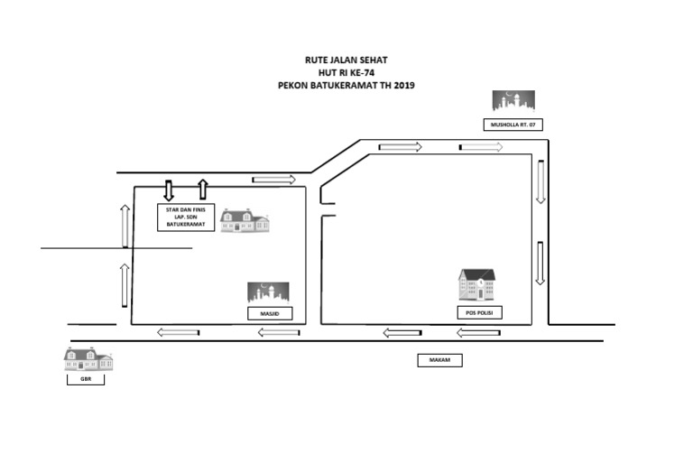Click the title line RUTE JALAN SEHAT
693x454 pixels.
point(346,60)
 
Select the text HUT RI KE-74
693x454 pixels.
point(346,72)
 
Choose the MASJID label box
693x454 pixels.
point(270,313)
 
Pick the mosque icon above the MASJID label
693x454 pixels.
point(270,292)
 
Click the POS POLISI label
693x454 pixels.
point(477,313)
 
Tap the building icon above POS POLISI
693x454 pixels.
point(477,285)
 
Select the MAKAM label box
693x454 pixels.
point(439,360)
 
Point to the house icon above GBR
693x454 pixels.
point(88,359)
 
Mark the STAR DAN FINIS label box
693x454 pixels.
point(187,218)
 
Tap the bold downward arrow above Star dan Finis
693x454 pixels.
point(169,190)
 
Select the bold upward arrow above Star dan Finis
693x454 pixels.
point(203,190)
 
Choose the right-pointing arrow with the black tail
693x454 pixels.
point(480,146)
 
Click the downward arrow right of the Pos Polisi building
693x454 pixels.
point(540,263)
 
